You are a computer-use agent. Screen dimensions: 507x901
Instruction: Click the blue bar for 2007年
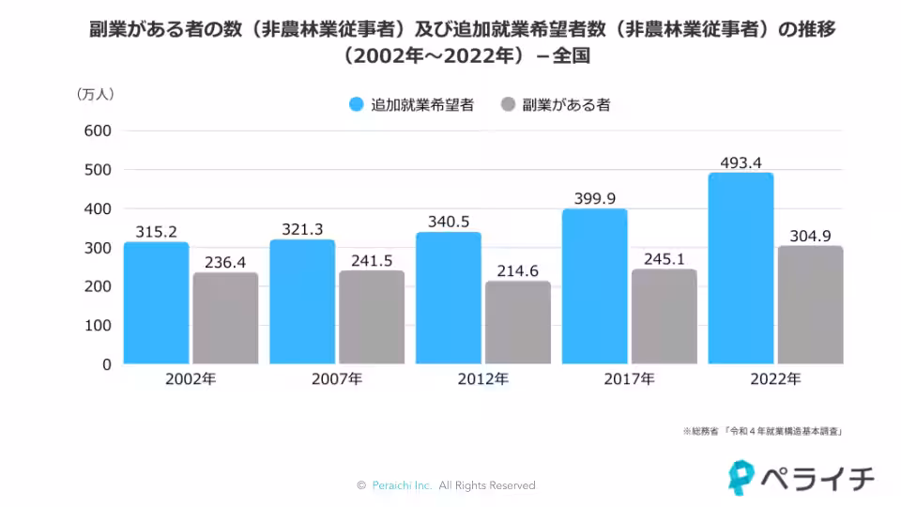pos(302,302)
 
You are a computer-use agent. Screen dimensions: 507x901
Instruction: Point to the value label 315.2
pos(156,232)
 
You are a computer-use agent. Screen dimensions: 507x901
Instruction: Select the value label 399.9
pos(595,199)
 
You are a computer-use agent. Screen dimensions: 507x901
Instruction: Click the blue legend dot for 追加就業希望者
pos(356,105)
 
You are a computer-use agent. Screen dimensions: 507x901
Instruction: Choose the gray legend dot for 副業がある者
pos(508,105)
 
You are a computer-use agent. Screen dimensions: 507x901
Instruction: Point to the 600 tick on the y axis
pos(98,131)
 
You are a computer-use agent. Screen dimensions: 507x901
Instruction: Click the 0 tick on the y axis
pos(106,363)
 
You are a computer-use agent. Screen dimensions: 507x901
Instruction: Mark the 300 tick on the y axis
pos(98,247)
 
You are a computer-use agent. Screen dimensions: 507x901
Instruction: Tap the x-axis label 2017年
pos(629,379)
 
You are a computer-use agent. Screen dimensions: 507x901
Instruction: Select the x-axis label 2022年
pos(775,379)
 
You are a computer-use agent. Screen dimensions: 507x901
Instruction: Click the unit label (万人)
pos(94,93)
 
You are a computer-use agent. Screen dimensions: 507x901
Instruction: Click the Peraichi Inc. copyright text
pos(446,485)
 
